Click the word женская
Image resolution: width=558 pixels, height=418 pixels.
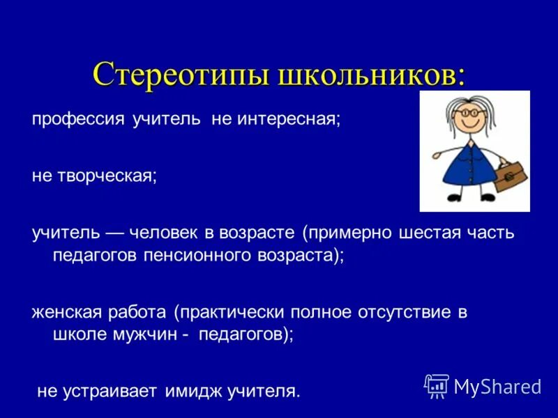pos(65,311)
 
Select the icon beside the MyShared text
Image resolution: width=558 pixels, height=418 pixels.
pos(437,385)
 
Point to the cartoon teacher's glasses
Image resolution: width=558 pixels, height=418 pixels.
pos(465,112)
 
